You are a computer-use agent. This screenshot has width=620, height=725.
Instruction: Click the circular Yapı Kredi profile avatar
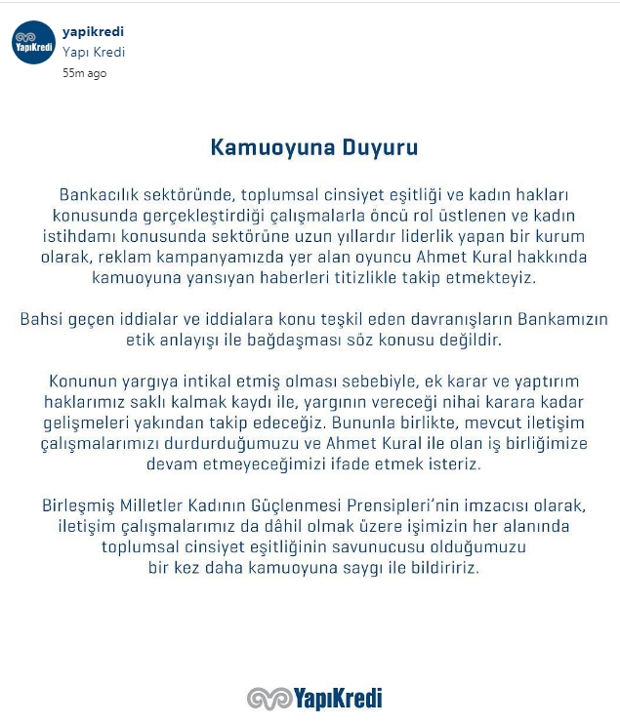(32, 44)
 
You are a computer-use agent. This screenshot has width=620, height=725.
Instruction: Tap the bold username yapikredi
(93, 32)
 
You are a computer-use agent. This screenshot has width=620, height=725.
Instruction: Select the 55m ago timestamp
(85, 73)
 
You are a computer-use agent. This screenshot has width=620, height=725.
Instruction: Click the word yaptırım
(555, 381)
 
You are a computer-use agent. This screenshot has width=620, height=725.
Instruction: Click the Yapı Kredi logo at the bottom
(313, 698)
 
